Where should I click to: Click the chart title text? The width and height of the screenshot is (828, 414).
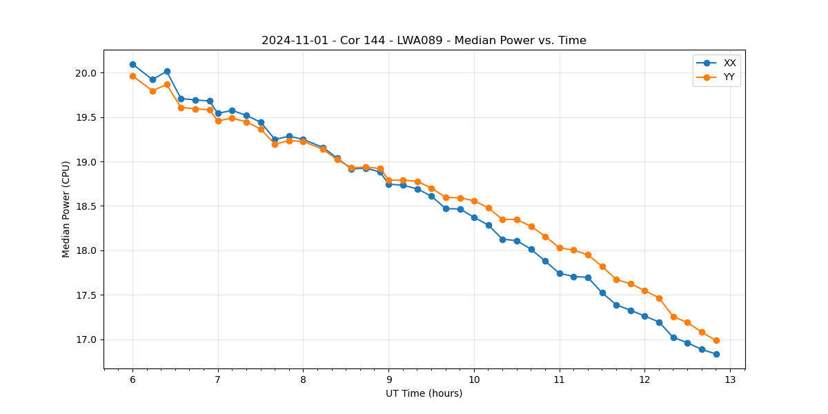pyautogui.click(x=424, y=41)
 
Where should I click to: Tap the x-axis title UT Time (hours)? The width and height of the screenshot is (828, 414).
pyautogui.click(x=424, y=393)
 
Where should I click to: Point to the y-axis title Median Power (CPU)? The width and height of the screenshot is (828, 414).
pyautogui.click(x=66, y=209)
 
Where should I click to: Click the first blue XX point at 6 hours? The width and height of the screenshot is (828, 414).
pyautogui.click(x=132, y=64)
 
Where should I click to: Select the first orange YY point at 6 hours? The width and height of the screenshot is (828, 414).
pyautogui.click(x=132, y=76)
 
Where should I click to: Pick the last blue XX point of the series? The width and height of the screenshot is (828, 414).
pyautogui.click(x=716, y=354)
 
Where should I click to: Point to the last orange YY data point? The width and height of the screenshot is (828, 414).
pyautogui.click(x=716, y=340)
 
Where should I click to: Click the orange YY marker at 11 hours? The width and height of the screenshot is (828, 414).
pyautogui.click(x=560, y=248)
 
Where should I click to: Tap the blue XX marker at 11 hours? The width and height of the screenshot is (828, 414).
pyautogui.click(x=560, y=273)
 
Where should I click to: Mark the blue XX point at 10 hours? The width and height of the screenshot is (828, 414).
pyautogui.click(x=474, y=217)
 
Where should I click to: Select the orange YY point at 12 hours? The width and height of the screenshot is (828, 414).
pyautogui.click(x=644, y=290)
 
